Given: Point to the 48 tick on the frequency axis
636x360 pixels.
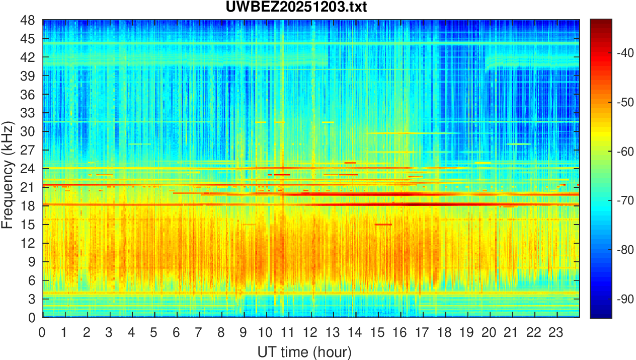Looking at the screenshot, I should (28, 21).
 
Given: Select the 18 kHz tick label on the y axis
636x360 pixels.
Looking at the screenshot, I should (28, 205).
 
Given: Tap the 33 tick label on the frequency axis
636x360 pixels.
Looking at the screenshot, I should (28, 113).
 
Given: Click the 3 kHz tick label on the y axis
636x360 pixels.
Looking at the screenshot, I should (31, 299).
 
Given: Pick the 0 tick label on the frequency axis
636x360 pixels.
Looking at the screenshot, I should (31, 317).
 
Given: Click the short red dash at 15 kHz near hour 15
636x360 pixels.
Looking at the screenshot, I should (383, 224).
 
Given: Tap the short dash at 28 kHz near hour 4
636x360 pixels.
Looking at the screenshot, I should (139, 144).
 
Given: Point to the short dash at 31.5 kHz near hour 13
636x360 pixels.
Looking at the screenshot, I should (328, 122).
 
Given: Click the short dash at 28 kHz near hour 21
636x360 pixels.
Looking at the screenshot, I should (519, 144).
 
